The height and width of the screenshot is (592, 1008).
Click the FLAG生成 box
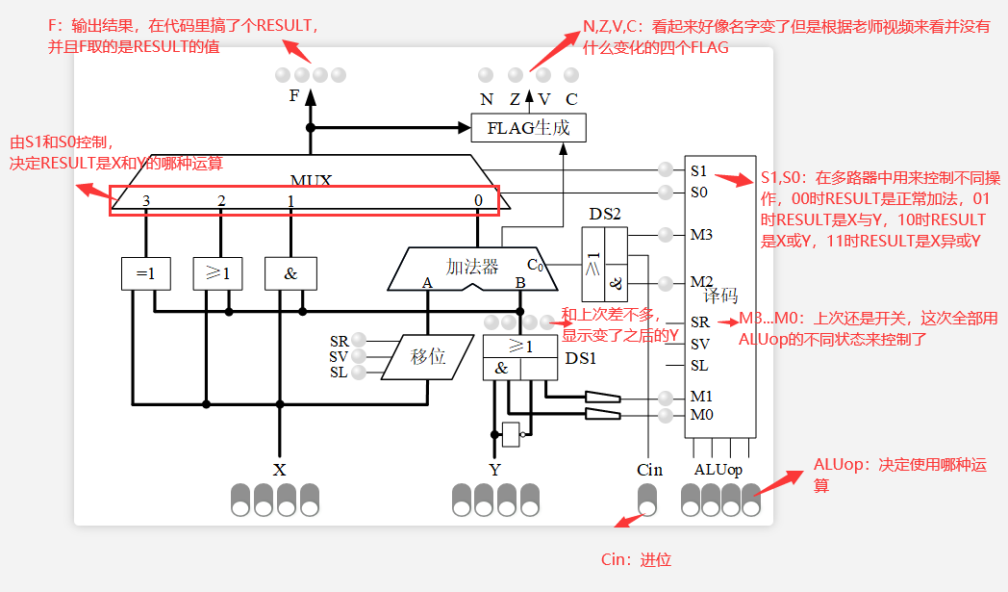pyautogui.click(x=527, y=127)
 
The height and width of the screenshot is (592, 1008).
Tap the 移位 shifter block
pyautogui.click(x=428, y=356)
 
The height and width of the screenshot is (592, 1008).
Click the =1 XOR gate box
pyautogui.click(x=145, y=273)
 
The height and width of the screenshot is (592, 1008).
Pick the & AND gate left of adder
pyautogui.click(x=290, y=273)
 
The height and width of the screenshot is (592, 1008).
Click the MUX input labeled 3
pyautogui.click(x=146, y=200)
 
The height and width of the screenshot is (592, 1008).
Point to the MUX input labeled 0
pyautogui.click(x=478, y=200)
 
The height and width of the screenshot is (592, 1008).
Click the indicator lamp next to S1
pyautogui.click(x=665, y=169)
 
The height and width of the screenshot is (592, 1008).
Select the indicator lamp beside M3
pyautogui.click(x=665, y=233)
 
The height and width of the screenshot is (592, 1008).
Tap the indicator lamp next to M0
pyautogui.click(x=665, y=415)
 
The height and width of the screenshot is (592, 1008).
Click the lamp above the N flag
pyautogui.click(x=487, y=74)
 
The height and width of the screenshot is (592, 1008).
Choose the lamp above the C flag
pyautogui.click(x=571, y=74)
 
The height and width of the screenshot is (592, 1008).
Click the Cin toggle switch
pyautogui.click(x=649, y=499)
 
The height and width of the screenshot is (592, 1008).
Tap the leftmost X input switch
pyautogui.click(x=240, y=499)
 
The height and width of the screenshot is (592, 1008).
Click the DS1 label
pyautogui.click(x=580, y=358)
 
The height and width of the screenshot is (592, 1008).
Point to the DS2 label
pyautogui.click(x=604, y=214)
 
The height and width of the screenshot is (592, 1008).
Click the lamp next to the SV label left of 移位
pyautogui.click(x=359, y=356)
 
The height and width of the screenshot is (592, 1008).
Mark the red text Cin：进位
pyautogui.click(x=636, y=559)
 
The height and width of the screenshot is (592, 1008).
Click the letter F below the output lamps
pyautogui.click(x=294, y=95)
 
